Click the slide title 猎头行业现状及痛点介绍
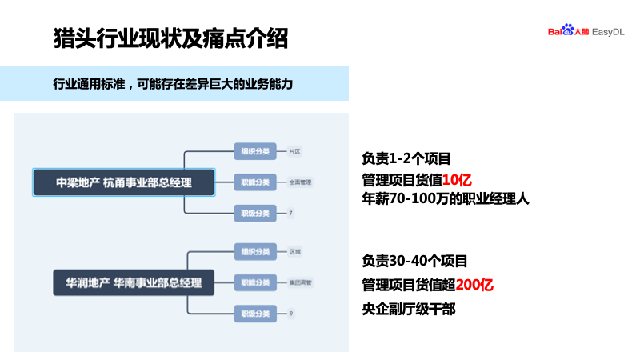(x=170, y=38)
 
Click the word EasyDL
(x=608, y=31)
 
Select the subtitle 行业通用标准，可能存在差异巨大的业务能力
(x=173, y=83)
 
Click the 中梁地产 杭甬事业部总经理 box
(x=124, y=182)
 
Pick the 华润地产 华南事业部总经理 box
(x=128, y=282)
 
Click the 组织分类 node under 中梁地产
(x=254, y=151)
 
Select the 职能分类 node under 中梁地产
(x=254, y=182)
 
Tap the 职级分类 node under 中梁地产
(x=254, y=213)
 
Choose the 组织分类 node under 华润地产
(x=254, y=252)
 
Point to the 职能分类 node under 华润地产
(x=254, y=282)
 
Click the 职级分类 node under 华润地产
(x=254, y=313)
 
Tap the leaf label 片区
(x=294, y=151)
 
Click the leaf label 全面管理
(x=300, y=182)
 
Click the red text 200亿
(x=474, y=285)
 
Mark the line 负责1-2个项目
(x=406, y=158)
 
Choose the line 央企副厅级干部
(x=409, y=309)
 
